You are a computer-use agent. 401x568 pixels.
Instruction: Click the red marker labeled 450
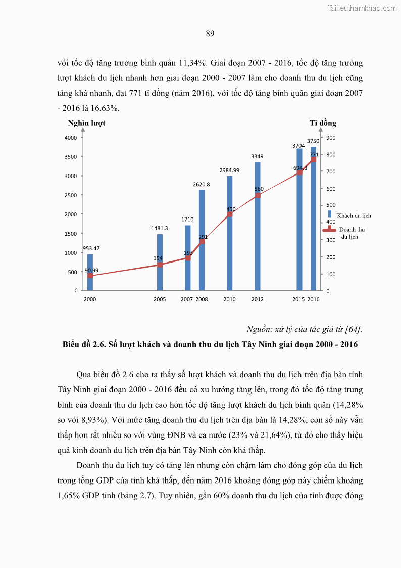[x=229, y=214]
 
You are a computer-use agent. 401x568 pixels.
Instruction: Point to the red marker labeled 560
[x=258, y=195]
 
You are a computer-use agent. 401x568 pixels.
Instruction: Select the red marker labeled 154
[x=160, y=265]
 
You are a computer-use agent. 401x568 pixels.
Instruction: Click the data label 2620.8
[x=202, y=185]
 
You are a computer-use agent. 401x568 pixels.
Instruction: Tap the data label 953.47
[x=91, y=248]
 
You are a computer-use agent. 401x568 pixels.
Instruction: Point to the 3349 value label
[x=258, y=157]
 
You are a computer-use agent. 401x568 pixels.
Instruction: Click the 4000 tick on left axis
[x=71, y=138]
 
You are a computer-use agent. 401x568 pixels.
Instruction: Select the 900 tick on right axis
[x=331, y=138]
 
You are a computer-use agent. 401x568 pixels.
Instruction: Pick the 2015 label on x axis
[x=298, y=300]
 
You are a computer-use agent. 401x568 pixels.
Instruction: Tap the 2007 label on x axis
[x=186, y=300]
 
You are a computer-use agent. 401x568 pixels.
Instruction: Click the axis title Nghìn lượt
[x=86, y=123]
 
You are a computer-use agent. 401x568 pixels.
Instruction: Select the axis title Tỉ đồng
[x=323, y=123]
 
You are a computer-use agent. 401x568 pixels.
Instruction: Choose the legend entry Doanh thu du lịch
[x=352, y=233]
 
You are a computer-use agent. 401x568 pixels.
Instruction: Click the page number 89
[x=210, y=34]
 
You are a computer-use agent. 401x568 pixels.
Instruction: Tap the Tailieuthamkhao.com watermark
[x=362, y=8]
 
